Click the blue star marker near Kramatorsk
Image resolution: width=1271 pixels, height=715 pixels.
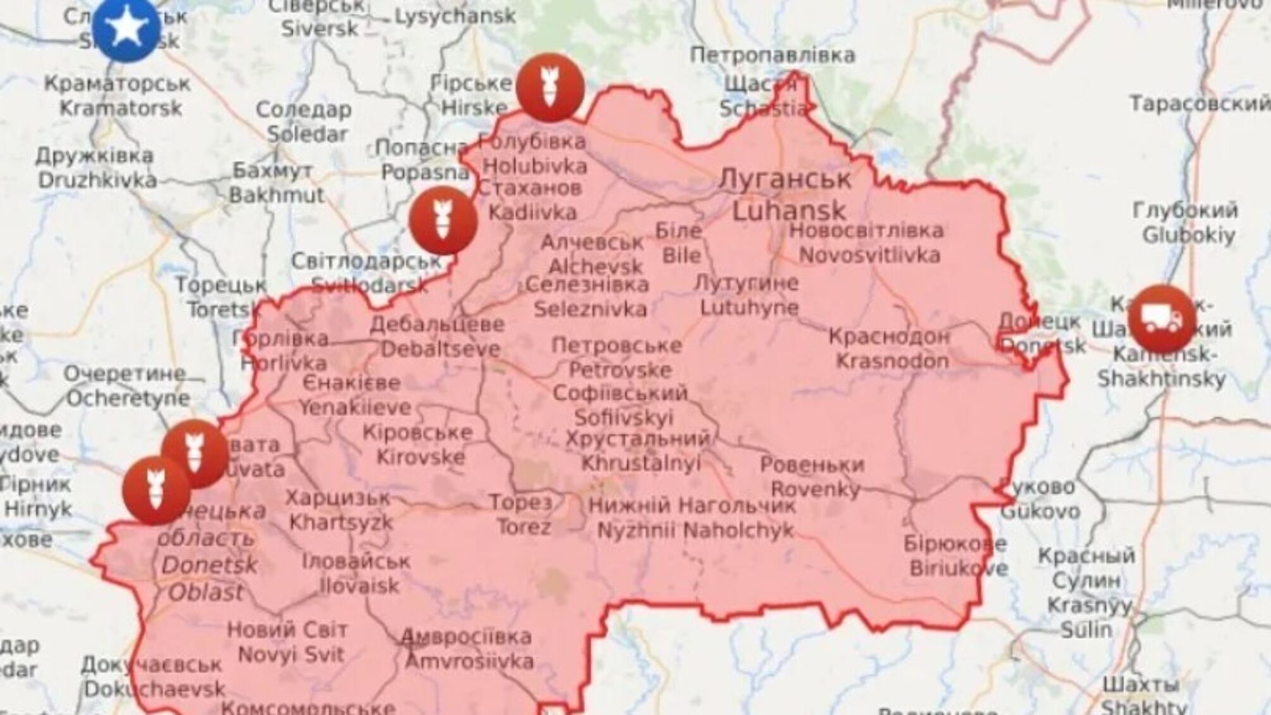pos(126,28)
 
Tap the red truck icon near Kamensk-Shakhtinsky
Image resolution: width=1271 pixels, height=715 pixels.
pos(1162,319)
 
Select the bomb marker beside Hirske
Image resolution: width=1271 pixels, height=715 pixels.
pos(550,87)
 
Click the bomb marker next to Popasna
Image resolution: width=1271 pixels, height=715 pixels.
pos(443,220)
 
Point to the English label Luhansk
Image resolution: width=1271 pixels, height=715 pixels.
pos(789,210)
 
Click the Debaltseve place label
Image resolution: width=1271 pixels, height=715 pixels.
pos(440,349)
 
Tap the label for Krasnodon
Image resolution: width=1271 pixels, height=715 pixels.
pos(892,361)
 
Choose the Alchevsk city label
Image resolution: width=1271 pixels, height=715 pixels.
pos(596,266)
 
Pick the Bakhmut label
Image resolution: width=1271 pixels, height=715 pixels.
pos(276,195)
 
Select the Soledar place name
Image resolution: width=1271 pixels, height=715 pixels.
pos(307,134)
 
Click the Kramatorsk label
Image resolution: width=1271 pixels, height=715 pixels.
pos(121,108)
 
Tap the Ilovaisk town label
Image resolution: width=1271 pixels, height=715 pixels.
pos(359,585)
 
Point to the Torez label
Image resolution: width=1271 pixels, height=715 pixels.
pos(523,526)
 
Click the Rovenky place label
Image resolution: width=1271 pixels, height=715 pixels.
pos(816,488)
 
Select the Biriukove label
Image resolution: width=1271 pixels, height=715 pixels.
pos(959,568)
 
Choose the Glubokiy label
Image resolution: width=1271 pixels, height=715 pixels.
pos(1188,235)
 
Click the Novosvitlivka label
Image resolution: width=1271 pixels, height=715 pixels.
pos(869,255)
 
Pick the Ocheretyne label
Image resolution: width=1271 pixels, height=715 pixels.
pos(128,398)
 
